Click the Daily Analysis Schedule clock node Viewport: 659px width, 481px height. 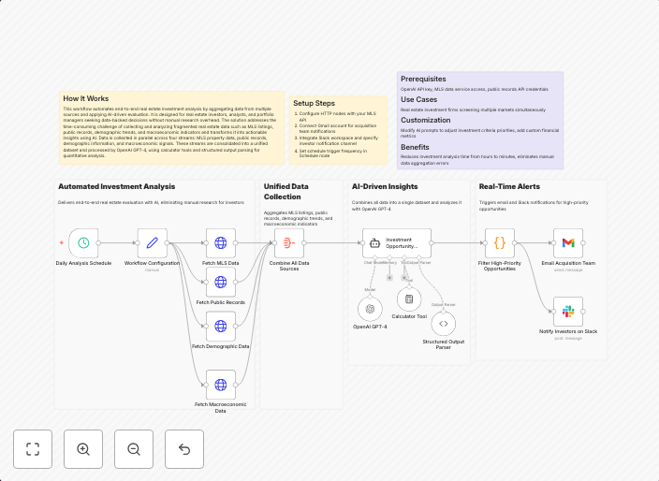[83, 243]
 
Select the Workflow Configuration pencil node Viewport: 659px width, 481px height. [153, 243]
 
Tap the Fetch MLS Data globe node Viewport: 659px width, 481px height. [220, 243]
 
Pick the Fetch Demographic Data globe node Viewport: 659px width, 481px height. [220, 326]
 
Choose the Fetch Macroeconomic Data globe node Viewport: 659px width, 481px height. [220, 384]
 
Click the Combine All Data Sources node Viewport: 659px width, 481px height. [289, 243]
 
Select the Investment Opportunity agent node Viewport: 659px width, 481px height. [397, 243]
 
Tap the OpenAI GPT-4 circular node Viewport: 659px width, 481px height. [370, 308]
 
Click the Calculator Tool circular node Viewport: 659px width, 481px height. [409, 299]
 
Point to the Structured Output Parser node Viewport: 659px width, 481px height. [444, 323]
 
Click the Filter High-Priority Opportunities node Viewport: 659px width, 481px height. [499, 243]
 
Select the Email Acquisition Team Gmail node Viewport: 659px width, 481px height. [568, 243]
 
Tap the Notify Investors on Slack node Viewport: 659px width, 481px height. [568, 312]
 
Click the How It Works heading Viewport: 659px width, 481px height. [85, 98]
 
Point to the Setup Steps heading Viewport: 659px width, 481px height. [314, 103]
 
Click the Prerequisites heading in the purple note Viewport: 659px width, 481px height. [423, 79]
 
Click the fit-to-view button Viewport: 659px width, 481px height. [33, 449]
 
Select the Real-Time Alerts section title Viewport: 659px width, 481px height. [509, 186]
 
